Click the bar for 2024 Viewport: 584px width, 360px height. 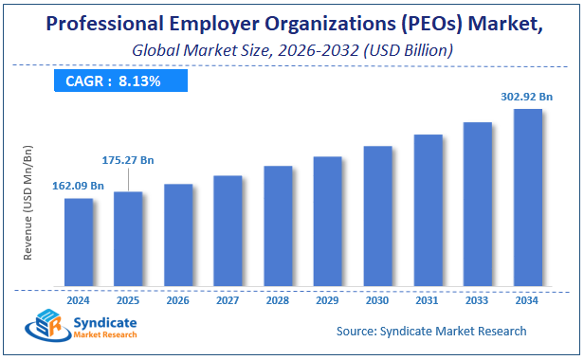pyautogui.click(x=79, y=242)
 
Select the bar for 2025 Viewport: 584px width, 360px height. pyautogui.click(x=128, y=239)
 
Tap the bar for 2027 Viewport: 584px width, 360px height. pyautogui.click(x=228, y=230)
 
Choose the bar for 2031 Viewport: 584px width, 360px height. pyautogui.click(x=428, y=210)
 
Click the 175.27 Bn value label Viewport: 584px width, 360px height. pyautogui.click(x=127, y=160)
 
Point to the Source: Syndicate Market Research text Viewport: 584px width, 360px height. pyautogui.click(x=431, y=331)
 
